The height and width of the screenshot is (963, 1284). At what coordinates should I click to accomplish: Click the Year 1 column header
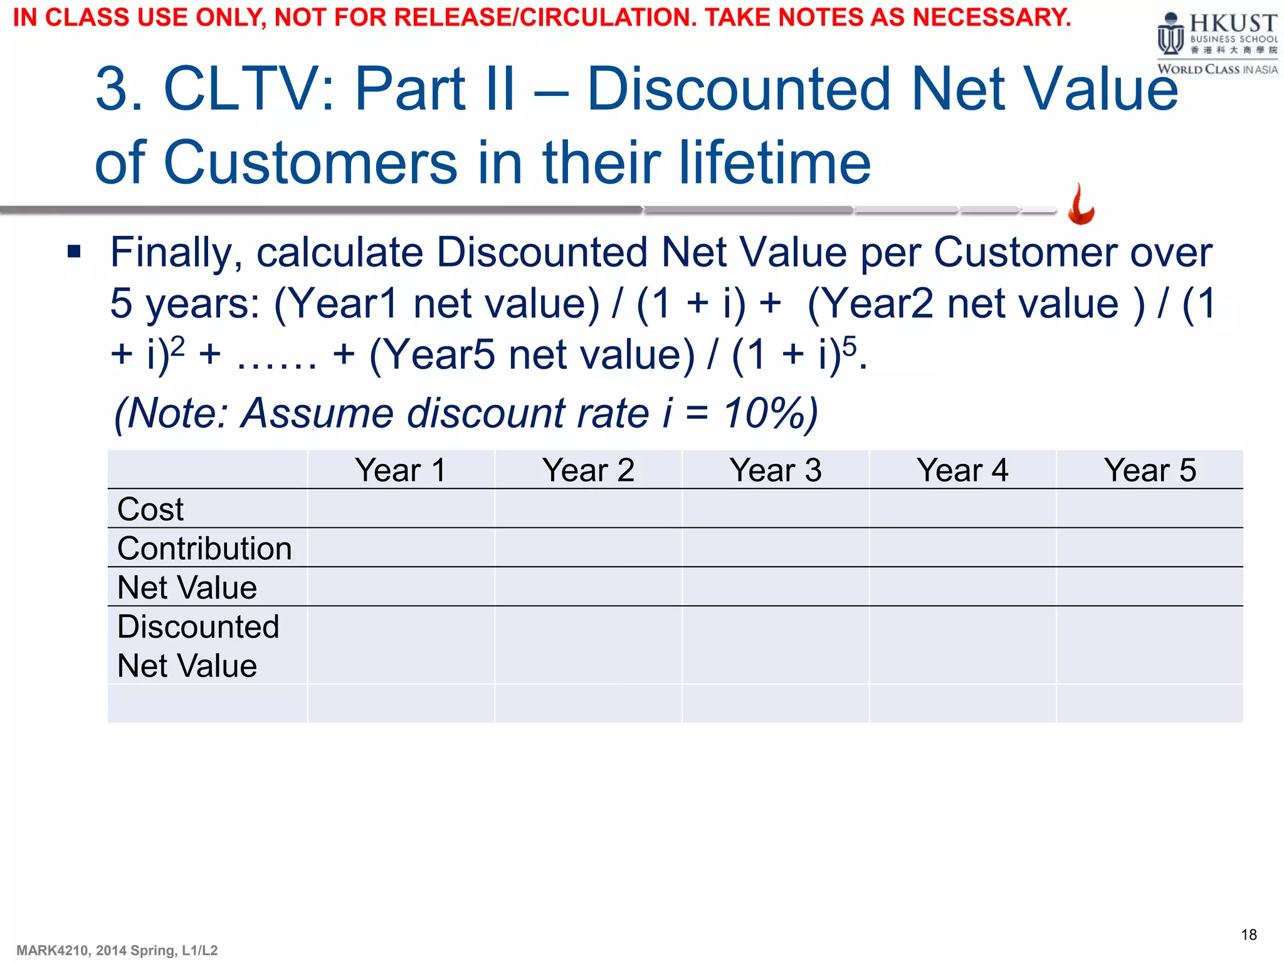[401, 470]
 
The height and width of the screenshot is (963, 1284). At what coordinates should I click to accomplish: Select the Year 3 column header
[776, 470]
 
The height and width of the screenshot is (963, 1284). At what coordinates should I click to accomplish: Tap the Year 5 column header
[1150, 470]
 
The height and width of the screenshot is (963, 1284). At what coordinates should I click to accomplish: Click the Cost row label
[150, 509]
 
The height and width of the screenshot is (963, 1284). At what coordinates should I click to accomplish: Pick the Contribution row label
[204, 549]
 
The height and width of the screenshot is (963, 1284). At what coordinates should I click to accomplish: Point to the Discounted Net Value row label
[198, 646]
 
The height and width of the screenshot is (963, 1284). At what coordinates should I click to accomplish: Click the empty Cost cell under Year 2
[588, 508]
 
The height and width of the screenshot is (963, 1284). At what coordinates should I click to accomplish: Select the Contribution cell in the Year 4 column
[962, 548]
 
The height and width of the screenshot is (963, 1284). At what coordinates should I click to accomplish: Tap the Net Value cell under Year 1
[401, 587]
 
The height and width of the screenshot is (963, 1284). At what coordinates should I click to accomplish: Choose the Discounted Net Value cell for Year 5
[1150, 645]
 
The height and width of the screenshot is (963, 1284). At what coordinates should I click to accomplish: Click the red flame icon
[1081, 204]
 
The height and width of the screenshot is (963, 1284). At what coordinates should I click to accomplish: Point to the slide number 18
[1249, 935]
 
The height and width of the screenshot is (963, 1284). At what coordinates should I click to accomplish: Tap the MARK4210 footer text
[117, 950]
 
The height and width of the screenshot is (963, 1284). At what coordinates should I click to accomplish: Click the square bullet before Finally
[75, 252]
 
